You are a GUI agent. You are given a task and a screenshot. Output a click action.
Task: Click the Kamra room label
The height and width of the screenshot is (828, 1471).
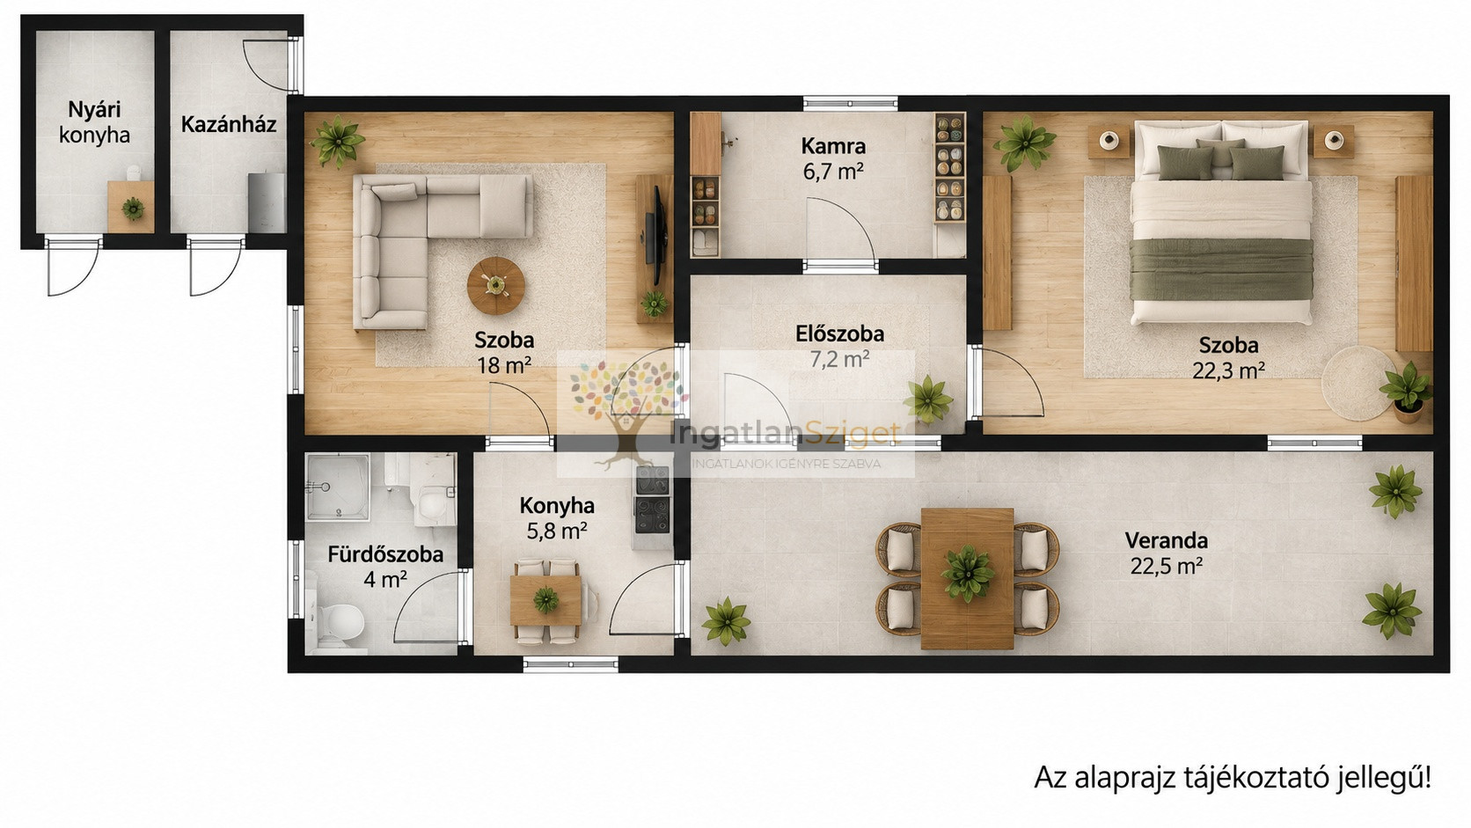click(x=832, y=146)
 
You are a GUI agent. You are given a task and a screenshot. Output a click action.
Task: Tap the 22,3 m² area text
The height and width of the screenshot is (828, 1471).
click(x=1229, y=371)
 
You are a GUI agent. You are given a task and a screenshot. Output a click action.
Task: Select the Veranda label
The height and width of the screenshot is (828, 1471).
click(x=1167, y=540)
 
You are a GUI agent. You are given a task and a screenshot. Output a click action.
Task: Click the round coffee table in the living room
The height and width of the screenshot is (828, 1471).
click(x=495, y=286)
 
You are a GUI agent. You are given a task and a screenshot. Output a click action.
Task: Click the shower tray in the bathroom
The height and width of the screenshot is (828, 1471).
click(x=338, y=486)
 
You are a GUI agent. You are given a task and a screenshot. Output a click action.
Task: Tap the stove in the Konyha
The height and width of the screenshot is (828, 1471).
click(x=652, y=500)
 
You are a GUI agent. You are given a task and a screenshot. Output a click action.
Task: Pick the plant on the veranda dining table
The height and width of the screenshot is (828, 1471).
click(x=967, y=573)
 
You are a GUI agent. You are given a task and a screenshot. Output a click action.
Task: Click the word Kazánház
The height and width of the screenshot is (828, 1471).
click(x=229, y=125)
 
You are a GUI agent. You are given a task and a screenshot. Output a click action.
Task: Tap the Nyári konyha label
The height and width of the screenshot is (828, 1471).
click(x=94, y=122)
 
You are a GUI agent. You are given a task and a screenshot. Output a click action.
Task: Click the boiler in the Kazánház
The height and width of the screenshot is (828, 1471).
click(x=267, y=203)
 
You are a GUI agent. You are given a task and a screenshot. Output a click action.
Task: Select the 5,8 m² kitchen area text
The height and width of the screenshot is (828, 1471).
click(x=557, y=531)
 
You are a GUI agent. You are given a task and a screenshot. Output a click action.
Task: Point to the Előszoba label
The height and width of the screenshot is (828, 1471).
click(x=840, y=333)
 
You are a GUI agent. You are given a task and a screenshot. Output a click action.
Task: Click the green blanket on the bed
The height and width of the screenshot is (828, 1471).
click(x=1221, y=269)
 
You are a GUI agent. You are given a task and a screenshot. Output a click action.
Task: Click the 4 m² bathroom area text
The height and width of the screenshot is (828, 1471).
click(x=385, y=579)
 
